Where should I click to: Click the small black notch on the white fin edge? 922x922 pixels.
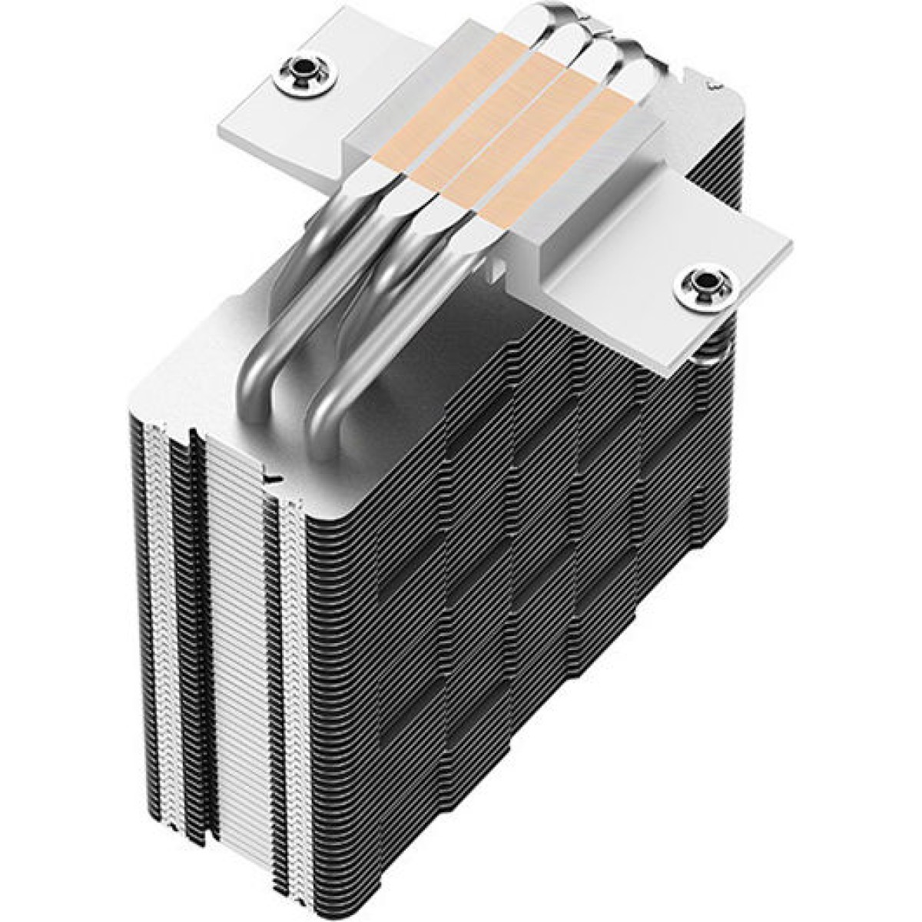(x=268, y=476)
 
